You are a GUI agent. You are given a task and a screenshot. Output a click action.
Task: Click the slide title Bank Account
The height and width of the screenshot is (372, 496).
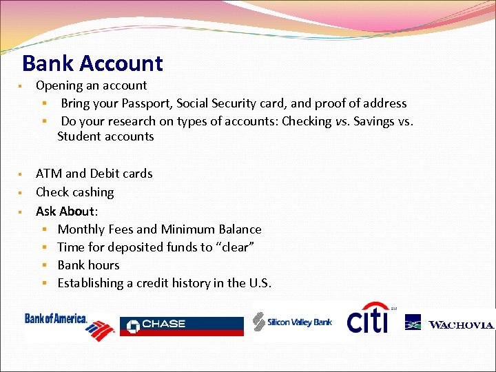coord(92,63)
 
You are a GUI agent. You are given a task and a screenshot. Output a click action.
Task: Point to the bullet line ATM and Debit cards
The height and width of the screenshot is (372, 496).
coord(94,174)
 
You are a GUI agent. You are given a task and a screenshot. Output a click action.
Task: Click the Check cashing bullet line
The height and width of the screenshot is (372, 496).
coord(74,192)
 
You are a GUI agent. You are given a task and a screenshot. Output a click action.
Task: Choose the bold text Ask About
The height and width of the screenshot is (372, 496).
coord(66,211)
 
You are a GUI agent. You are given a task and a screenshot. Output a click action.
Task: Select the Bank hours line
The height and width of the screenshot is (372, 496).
coord(88,265)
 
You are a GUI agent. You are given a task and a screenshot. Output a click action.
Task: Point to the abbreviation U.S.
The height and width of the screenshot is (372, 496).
coord(260,283)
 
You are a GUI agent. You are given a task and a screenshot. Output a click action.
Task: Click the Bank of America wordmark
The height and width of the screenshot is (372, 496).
coord(56,318)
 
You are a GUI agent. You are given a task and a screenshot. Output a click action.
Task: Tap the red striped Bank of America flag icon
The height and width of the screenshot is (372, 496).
coord(101,331)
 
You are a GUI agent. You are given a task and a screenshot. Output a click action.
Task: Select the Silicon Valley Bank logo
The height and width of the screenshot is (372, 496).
coord(293,322)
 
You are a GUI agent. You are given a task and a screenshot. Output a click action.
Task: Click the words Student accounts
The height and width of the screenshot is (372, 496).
coord(105,136)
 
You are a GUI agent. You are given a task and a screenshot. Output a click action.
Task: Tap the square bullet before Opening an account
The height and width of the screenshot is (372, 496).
coord(23,86)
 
